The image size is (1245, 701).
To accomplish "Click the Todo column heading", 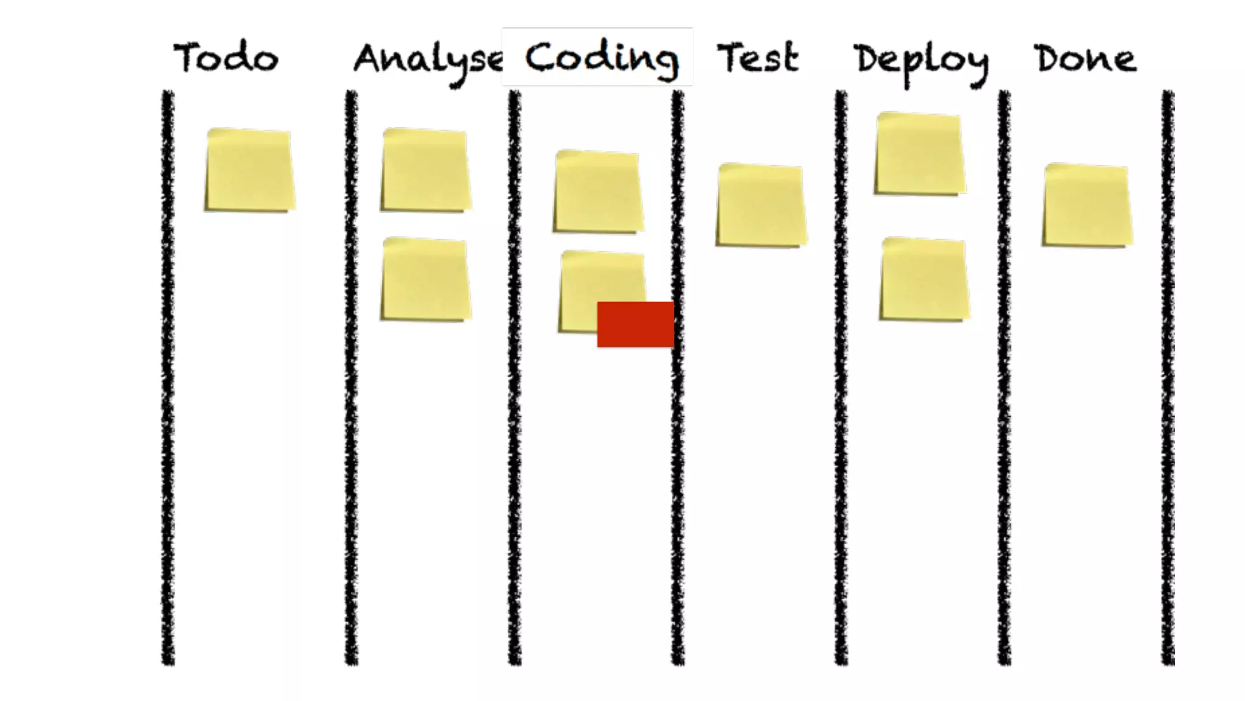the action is (x=226, y=58).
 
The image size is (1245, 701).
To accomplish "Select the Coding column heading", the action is (x=601, y=58).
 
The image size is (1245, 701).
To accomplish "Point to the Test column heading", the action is (x=757, y=58).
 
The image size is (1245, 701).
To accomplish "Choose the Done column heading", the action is (x=1085, y=59).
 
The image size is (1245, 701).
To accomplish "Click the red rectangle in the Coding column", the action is (x=635, y=324).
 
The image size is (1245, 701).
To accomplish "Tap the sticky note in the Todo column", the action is (x=249, y=170).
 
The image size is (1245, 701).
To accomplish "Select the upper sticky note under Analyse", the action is (x=426, y=170).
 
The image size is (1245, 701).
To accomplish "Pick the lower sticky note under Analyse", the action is (x=426, y=279).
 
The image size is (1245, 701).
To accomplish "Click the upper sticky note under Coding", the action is (x=598, y=191).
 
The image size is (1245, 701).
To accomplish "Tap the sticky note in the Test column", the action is (x=761, y=205).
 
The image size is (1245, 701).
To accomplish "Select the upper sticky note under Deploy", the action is (x=920, y=154).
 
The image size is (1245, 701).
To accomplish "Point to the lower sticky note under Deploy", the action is (x=924, y=279).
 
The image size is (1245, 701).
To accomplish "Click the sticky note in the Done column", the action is (x=1087, y=205).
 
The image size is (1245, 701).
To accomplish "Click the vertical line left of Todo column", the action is (x=168, y=377).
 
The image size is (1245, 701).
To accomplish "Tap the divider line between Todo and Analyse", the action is (x=351, y=377).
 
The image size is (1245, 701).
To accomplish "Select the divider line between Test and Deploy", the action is (x=841, y=377).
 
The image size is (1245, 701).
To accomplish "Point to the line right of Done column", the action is (x=1168, y=377).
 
